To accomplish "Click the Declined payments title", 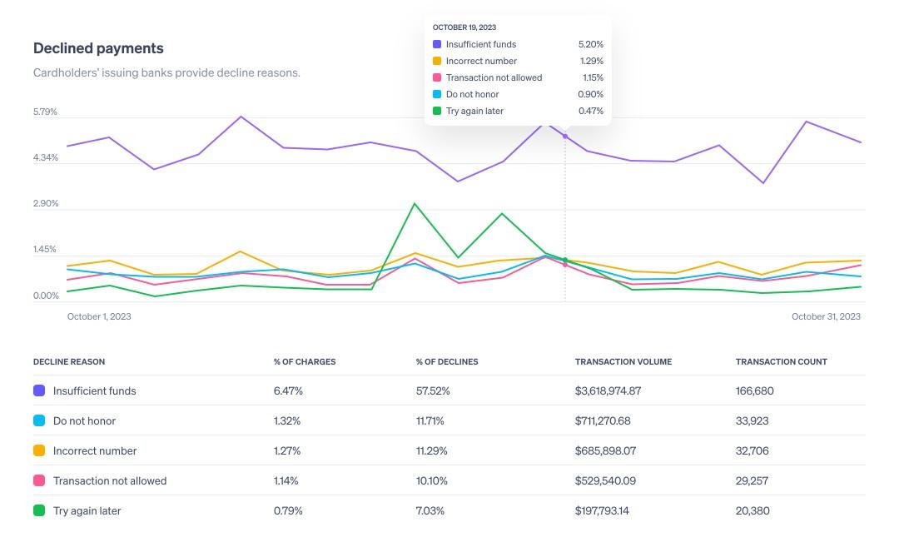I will pyautogui.click(x=98, y=48).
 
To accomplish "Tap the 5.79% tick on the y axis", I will pyautogui.click(x=45, y=112).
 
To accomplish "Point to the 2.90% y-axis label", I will pyautogui.click(x=45, y=204).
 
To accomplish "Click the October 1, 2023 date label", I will pyautogui.click(x=99, y=316).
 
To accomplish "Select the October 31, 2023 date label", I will pyautogui.click(x=826, y=316).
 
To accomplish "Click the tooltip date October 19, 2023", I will pyautogui.click(x=464, y=27).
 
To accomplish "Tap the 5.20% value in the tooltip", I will pyautogui.click(x=590, y=44).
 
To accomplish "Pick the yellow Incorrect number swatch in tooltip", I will pyautogui.click(x=437, y=61).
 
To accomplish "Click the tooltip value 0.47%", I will pyautogui.click(x=590, y=111).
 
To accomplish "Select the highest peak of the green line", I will pyautogui.click(x=415, y=204).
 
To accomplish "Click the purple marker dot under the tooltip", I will pyautogui.click(x=565, y=136).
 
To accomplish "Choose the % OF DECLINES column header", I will pyautogui.click(x=447, y=361).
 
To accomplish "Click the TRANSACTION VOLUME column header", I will pyautogui.click(x=623, y=361).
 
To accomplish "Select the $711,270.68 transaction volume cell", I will pyautogui.click(x=602, y=420).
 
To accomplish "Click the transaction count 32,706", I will pyautogui.click(x=752, y=450).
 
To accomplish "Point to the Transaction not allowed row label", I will pyautogui.click(x=110, y=480).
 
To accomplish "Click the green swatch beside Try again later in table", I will pyautogui.click(x=39, y=510).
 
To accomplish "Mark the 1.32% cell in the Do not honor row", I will pyautogui.click(x=287, y=420).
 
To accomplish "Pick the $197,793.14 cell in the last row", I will pyautogui.click(x=602, y=510).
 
